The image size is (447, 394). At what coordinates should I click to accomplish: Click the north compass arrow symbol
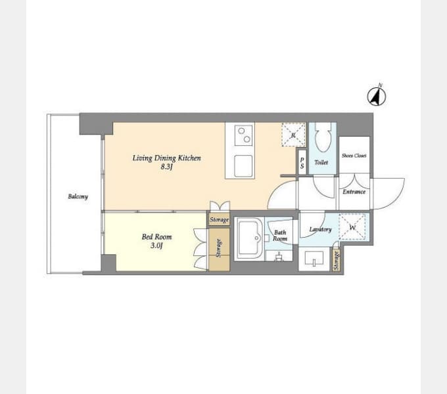[x=376, y=97]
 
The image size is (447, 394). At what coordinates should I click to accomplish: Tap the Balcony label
[x=78, y=196]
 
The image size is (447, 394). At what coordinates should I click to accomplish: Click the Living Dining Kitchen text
[x=166, y=158]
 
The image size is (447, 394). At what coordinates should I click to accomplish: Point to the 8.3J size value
[x=166, y=167]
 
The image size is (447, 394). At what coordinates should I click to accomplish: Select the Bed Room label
[x=157, y=236]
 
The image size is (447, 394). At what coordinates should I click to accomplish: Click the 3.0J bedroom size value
[x=156, y=246]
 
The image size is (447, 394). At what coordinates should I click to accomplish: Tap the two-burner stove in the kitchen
[x=244, y=135]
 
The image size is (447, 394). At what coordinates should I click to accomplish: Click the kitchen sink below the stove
[x=243, y=166]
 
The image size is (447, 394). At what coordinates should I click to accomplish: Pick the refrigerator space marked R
[x=293, y=135]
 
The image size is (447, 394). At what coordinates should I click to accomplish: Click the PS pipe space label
[x=302, y=163]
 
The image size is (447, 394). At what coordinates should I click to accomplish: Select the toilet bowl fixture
[x=323, y=137]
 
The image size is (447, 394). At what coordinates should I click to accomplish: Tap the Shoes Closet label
[x=354, y=156]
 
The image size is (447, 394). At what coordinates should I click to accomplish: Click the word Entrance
[x=354, y=192]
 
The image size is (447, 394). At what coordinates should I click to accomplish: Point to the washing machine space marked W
[x=352, y=227]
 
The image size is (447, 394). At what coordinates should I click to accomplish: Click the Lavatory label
[x=320, y=229]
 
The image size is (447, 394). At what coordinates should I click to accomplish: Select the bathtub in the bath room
[x=249, y=239]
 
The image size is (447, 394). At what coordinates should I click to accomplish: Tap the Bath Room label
[x=280, y=236]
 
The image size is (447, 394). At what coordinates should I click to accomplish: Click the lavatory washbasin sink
[x=314, y=258]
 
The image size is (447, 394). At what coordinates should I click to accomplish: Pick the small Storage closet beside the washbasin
[x=337, y=260]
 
